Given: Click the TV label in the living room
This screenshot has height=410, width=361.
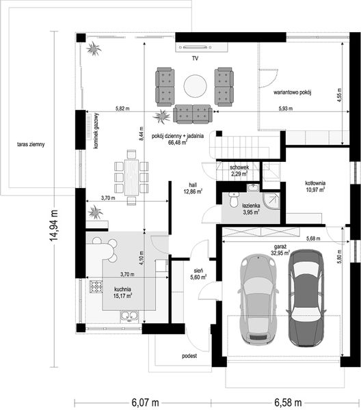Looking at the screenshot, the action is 195,58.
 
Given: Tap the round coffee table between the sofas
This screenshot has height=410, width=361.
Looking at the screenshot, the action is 195,86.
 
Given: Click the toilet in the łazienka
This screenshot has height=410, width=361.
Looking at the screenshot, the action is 233,200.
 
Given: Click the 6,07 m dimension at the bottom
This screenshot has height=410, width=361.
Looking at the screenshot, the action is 145,402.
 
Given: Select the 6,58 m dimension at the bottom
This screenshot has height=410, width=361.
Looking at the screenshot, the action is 288,402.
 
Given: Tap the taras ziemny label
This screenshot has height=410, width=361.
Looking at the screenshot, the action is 31,144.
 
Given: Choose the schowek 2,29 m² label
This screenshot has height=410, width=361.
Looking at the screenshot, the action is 239,170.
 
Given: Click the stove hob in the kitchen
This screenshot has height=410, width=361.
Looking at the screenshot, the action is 96,286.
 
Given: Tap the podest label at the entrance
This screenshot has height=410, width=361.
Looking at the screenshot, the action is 189,356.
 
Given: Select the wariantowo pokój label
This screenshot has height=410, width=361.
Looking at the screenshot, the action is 292,92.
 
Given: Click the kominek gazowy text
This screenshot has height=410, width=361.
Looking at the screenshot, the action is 96,131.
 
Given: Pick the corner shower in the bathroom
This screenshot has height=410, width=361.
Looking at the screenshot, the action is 271,201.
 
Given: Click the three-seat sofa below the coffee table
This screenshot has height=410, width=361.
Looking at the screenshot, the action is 193,114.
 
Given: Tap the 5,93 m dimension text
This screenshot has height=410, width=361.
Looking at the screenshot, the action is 286,108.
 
